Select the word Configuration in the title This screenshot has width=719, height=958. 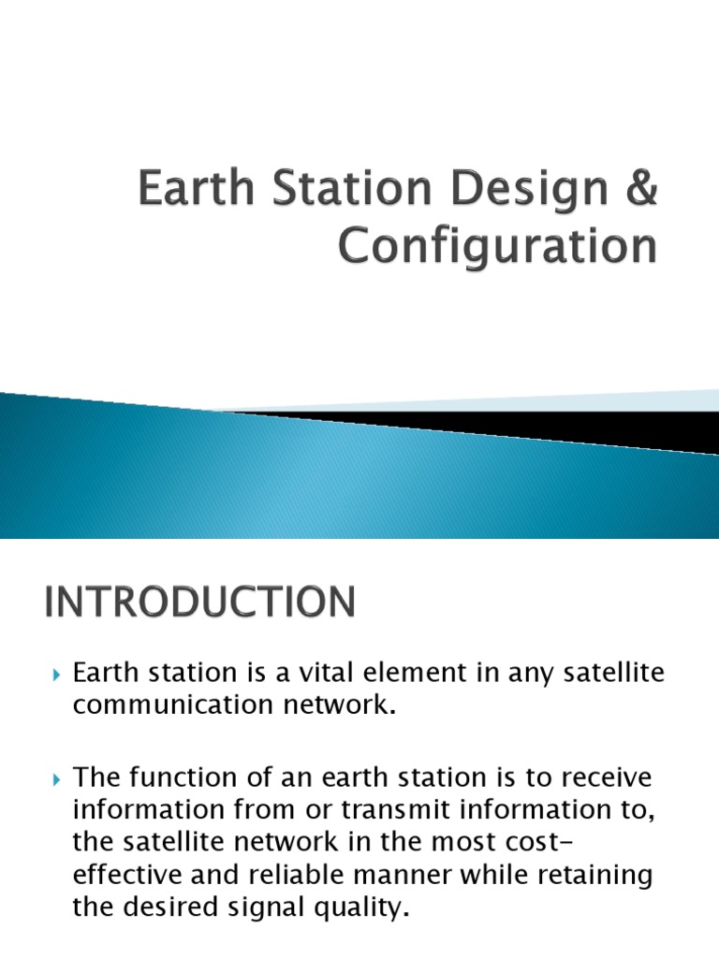tap(496, 247)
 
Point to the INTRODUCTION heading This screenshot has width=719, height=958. tap(198, 602)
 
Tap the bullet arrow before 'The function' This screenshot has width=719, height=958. tap(55, 778)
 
